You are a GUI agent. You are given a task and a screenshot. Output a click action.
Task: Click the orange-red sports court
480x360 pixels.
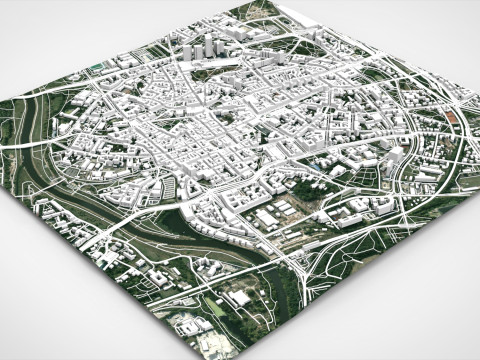(453, 118)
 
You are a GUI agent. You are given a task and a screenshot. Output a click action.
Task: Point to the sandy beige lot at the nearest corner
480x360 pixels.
(216, 346)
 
